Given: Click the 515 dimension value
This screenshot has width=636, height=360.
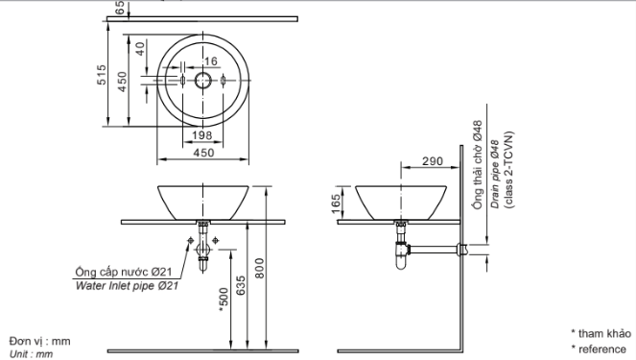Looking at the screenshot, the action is [x=102, y=75].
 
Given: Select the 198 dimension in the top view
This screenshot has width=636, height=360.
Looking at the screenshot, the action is [x=202, y=135].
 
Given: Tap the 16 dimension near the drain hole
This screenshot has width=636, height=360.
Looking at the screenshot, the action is [x=211, y=61].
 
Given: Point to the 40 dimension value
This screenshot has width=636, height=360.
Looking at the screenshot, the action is [x=140, y=49].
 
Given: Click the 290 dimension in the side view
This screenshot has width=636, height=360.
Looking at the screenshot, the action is [x=433, y=161].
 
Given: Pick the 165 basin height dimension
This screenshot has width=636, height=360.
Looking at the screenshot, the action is [x=336, y=204].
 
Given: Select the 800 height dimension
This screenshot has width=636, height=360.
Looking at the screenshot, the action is [x=259, y=268].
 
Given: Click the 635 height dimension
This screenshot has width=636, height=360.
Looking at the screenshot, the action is [x=241, y=286].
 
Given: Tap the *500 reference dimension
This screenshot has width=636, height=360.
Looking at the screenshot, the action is [x=224, y=300].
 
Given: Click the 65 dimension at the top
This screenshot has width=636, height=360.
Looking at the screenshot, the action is [x=120, y=8].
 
